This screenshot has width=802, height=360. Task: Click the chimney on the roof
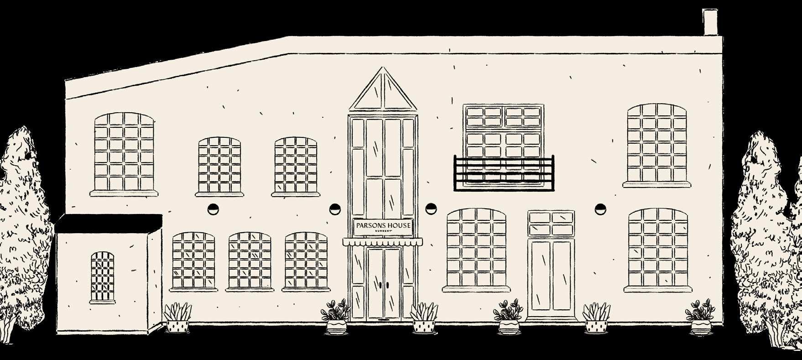[x=710, y=22]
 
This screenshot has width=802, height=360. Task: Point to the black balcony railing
[x=504, y=172]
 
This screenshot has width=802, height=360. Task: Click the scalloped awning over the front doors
[x=383, y=242]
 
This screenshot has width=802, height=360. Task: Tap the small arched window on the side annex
[x=103, y=277]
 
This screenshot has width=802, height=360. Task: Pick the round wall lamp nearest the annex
[x=213, y=209]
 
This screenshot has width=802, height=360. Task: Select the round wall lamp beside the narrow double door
[x=600, y=209]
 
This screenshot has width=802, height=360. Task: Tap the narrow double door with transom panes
[x=551, y=265]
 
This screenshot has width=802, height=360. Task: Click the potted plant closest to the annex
[x=177, y=318]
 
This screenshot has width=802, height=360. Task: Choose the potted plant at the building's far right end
[x=700, y=317]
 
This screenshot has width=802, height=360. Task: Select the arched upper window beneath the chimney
[x=657, y=143]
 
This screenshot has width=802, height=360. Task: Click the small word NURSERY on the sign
[x=383, y=231]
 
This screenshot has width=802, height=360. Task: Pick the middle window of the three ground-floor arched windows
[x=250, y=261]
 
